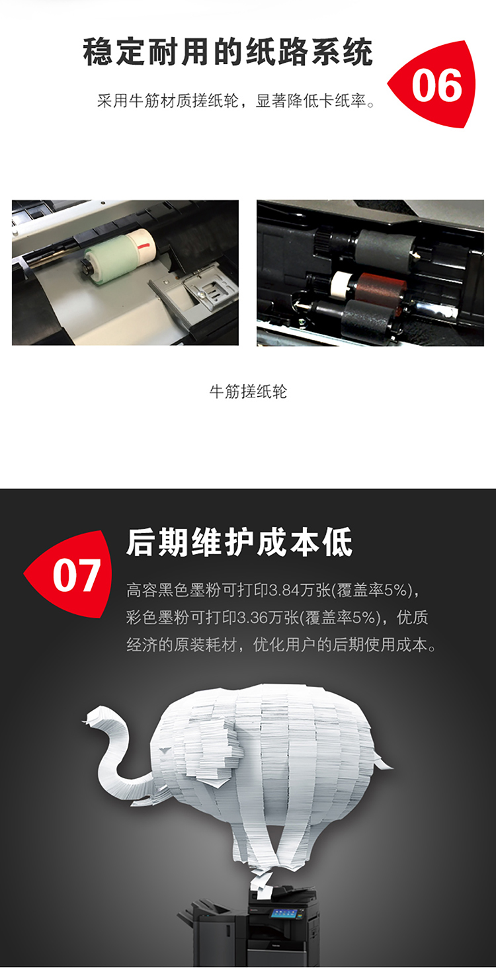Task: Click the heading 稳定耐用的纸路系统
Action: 227,52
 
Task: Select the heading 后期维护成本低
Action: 239,542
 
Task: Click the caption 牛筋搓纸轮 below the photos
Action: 248,391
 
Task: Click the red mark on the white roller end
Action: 143,247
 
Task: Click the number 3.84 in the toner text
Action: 284,590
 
